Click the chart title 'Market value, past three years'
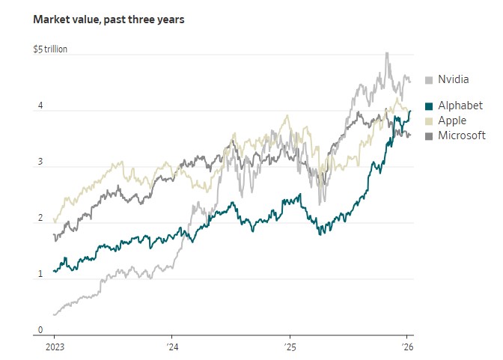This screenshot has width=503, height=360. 109,19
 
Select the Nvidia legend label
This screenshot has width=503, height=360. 453,79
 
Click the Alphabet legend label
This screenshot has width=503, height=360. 460,106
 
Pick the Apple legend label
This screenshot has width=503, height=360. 453,120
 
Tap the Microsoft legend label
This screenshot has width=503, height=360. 461,135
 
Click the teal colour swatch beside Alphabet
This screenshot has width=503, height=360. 429,106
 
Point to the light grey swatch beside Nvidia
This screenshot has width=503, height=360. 429,80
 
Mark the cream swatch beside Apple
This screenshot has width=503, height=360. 429,120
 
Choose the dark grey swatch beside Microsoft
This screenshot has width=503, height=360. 429,135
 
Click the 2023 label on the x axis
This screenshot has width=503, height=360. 54,348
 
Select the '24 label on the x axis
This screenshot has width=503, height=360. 171,348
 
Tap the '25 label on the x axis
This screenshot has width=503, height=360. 290,348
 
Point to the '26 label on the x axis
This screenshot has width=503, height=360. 407,348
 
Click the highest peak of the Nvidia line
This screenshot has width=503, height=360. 386,53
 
